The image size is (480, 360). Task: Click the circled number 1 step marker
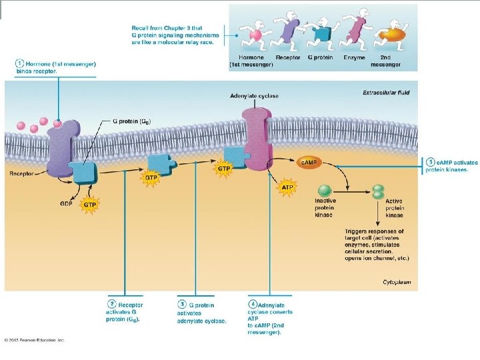21,63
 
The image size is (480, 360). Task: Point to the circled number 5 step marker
431,162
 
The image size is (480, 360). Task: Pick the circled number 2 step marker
112,305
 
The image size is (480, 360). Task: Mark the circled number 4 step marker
253,305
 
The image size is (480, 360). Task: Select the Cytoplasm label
397,282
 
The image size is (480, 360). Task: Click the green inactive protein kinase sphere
325,191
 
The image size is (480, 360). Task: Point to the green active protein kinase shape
378,192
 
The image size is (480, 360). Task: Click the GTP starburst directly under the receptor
89,204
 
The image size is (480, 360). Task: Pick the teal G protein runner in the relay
322,31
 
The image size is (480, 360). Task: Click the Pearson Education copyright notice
33,340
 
